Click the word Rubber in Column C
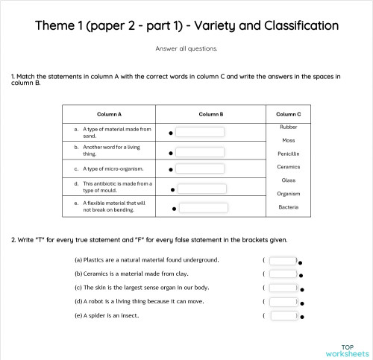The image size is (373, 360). click(x=288, y=127)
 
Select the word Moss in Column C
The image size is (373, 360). click(x=288, y=140)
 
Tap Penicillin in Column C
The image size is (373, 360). click(x=288, y=154)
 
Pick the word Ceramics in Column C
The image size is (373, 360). click(x=288, y=167)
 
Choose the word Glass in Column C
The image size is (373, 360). click(x=288, y=180)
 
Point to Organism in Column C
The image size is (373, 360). click(x=288, y=194)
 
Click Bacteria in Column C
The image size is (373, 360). click(x=288, y=206)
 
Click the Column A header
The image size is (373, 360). click(x=109, y=114)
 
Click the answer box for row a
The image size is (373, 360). click(x=199, y=133)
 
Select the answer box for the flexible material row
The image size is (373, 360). click(x=204, y=207)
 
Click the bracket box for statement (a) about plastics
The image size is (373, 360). click(x=283, y=261)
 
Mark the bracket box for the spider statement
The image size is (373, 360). click(x=283, y=315)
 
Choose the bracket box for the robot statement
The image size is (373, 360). click(x=283, y=302)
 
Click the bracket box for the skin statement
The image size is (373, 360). click(x=283, y=288)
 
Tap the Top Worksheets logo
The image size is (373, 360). click(x=347, y=350)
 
